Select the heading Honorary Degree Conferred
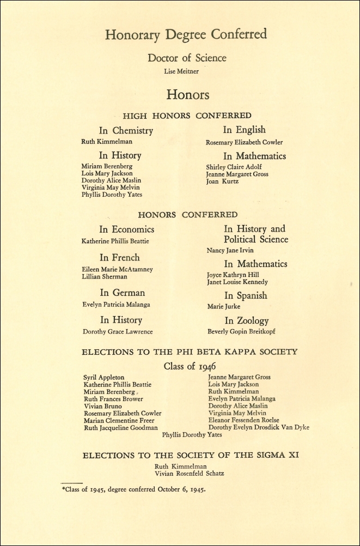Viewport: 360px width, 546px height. click(x=186, y=35)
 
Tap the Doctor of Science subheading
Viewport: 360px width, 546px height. click(x=187, y=58)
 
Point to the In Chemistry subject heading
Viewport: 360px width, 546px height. click(x=126, y=131)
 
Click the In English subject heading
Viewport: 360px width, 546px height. click(x=244, y=130)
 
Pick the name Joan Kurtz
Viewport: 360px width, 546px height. click(x=222, y=181)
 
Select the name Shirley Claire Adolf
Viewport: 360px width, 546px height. click(x=234, y=167)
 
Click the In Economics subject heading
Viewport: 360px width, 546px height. click(x=126, y=229)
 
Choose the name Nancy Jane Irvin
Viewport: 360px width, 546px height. click(x=231, y=251)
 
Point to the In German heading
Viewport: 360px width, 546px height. click(x=122, y=293)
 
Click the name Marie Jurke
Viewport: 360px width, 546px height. click(x=224, y=307)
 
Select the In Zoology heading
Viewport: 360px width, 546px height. click(x=246, y=320)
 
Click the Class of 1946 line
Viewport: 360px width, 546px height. click(x=187, y=366)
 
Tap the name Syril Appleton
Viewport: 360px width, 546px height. click(x=103, y=377)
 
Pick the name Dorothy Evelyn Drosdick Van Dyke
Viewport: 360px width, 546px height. click(x=259, y=428)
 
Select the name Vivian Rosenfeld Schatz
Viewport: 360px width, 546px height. click(x=189, y=474)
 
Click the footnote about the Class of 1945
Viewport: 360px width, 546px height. click(x=133, y=489)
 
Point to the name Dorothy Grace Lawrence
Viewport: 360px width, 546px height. click(x=118, y=331)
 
